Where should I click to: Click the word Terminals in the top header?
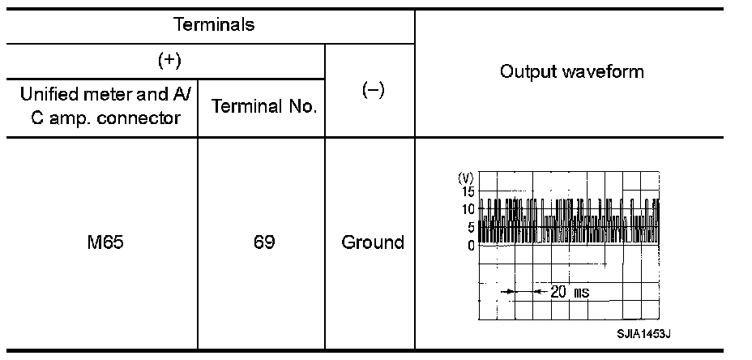pos(214,24)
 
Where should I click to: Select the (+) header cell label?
pos(169,60)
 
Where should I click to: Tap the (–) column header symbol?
pos(372,91)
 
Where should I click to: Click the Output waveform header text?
pos(571,71)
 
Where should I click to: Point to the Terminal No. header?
pos(263,107)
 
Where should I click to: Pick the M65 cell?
pos(105,242)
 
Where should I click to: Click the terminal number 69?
pos(263,242)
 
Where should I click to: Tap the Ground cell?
pos(373,242)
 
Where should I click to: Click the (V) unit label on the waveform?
pos(465,178)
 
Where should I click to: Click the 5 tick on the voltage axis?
pos(470,227)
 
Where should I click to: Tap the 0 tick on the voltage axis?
pos(470,245)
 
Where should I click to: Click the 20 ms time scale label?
pos(570,292)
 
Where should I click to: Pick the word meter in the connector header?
pos(104,95)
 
